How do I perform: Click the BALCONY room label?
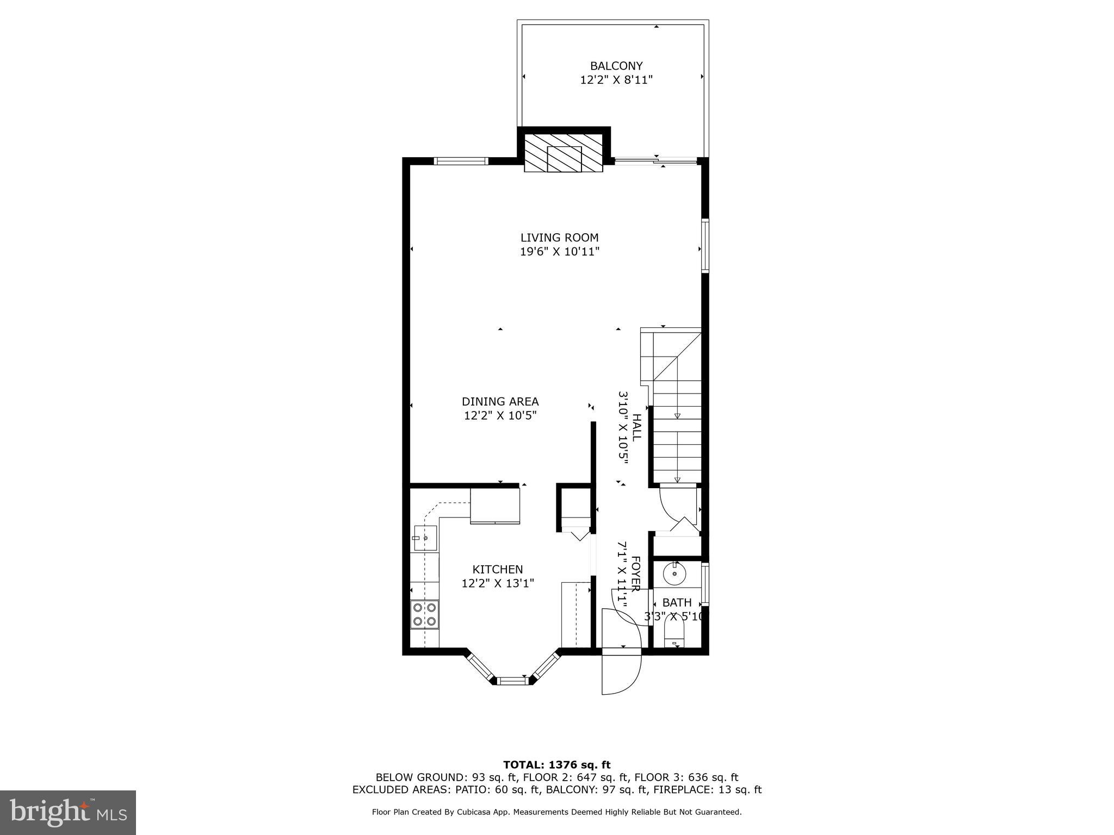[x=616, y=66]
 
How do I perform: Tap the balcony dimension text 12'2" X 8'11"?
[x=616, y=80]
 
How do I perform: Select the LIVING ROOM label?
[x=559, y=238]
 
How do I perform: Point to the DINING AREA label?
[x=500, y=402]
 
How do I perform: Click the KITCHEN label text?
[x=497, y=569]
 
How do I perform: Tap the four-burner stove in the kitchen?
[x=424, y=614]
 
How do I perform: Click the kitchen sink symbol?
[x=425, y=538]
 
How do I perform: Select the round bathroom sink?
[x=674, y=574]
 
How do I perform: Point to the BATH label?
[x=677, y=602]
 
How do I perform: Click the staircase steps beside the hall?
[x=677, y=435]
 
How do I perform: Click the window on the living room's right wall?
[x=705, y=245]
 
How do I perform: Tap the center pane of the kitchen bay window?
[x=513, y=680]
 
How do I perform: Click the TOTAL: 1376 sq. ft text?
[x=556, y=765]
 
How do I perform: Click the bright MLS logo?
[x=67, y=812]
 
